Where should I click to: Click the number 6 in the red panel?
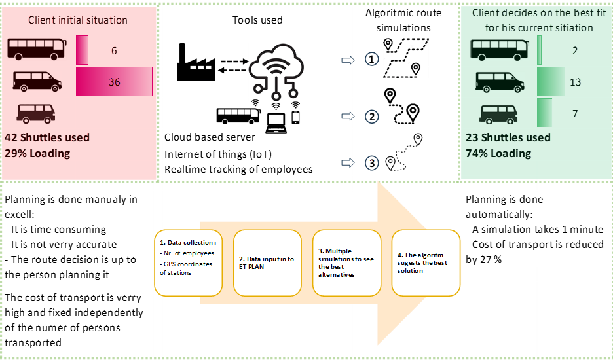pyautogui.click(x=115, y=50)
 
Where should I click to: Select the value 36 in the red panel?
pyautogui.click(x=115, y=82)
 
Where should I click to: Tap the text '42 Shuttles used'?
pyautogui.click(x=47, y=137)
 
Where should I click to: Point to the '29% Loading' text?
pyautogui.click(x=37, y=153)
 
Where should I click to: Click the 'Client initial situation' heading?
pyautogui.click(x=78, y=20)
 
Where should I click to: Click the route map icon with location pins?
pyautogui.click(x=406, y=58)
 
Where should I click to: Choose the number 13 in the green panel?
pyautogui.click(x=576, y=82)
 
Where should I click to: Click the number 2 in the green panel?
pyautogui.click(x=575, y=50)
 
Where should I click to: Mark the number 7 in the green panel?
pyautogui.click(x=575, y=114)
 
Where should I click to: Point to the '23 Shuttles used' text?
pyautogui.click(x=508, y=137)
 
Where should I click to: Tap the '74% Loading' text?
pyautogui.click(x=498, y=153)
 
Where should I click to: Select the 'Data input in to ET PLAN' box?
pyautogui.click(x=267, y=262)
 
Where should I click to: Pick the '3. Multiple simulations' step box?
pyautogui.click(x=346, y=262)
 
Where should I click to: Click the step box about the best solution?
pyautogui.click(x=426, y=262)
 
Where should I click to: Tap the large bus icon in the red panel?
pyautogui.click(x=37, y=50)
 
